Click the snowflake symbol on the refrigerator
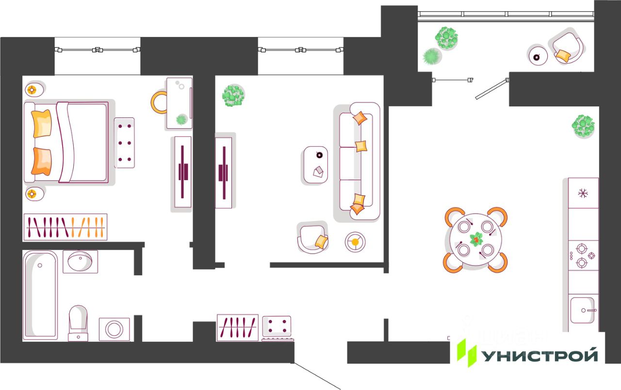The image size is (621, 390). [583, 193]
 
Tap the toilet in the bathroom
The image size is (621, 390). [78, 323]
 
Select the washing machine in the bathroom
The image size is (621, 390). [114, 329]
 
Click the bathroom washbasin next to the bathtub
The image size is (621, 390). [80, 261]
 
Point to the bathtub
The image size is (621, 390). [40, 295]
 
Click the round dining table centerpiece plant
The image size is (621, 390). [476, 239]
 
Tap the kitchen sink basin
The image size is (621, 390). [583, 310]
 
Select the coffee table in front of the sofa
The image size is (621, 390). [315, 165]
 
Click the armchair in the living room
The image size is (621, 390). [312, 238]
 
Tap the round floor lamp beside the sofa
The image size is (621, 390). [355, 242]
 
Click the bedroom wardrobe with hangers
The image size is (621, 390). [65, 227]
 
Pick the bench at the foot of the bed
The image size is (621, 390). [125, 143]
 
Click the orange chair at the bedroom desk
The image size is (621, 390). [159, 102]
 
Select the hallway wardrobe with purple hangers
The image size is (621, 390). [238, 327]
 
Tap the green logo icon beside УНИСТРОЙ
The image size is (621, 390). [467, 353]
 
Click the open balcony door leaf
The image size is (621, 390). [491, 89]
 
